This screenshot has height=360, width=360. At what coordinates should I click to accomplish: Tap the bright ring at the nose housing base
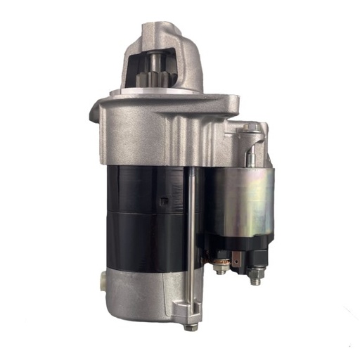(158, 92)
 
